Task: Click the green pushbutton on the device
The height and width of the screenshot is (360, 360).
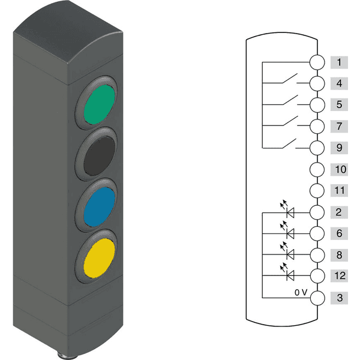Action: (x=99, y=104)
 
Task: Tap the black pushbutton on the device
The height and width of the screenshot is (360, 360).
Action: (x=99, y=156)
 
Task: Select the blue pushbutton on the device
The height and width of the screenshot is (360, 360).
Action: (x=99, y=207)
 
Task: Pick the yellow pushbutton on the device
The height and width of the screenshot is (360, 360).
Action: (x=99, y=258)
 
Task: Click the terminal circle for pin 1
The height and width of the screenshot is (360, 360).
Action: (x=317, y=62)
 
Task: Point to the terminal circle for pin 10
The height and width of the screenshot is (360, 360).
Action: (x=317, y=170)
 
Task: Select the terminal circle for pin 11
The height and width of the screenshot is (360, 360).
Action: (x=317, y=191)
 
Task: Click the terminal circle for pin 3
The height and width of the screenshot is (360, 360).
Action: (x=317, y=298)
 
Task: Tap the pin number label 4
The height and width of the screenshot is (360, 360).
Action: (x=339, y=83)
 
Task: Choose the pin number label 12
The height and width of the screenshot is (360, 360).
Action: (x=339, y=276)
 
